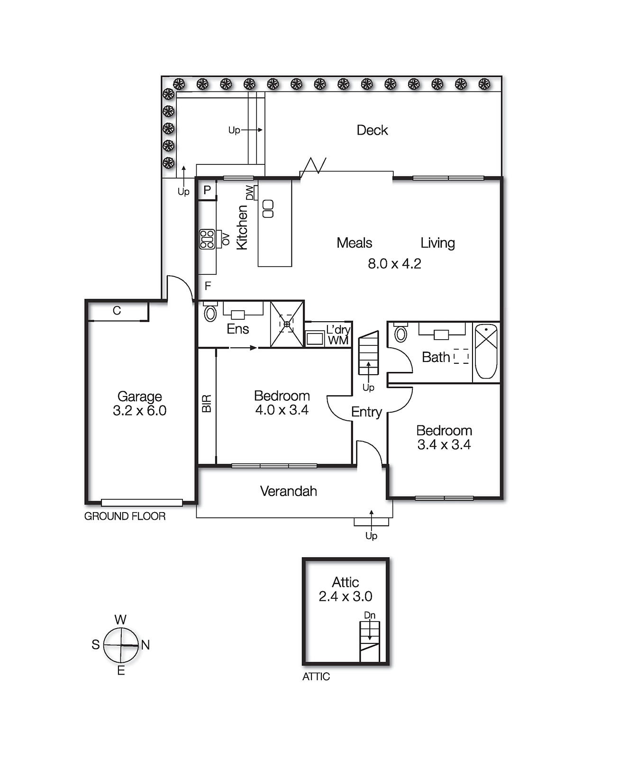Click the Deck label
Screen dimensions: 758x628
pyautogui.click(x=372, y=130)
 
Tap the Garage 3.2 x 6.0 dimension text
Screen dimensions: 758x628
pyautogui.click(x=140, y=411)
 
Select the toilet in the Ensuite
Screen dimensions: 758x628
pyautogui.click(x=210, y=313)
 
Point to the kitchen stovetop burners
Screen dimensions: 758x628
pyautogui.click(x=207, y=239)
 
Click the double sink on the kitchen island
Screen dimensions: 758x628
pyautogui.click(x=268, y=209)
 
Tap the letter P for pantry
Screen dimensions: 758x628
pyautogui.click(x=207, y=190)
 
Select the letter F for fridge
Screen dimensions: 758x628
pyautogui.click(x=208, y=286)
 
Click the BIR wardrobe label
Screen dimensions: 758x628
pyautogui.click(x=207, y=404)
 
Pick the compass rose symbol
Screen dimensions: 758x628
pyautogui.click(x=121, y=645)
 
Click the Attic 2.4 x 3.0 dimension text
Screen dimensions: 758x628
pyautogui.click(x=346, y=596)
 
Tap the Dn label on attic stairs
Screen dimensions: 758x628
pyautogui.click(x=370, y=615)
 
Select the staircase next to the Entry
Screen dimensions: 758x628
pyautogui.click(x=368, y=353)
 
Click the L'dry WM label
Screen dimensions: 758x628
pyautogui.click(x=338, y=335)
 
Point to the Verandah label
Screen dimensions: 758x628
pyautogui.click(x=288, y=491)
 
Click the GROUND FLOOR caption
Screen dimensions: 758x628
pyautogui.click(x=125, y=516)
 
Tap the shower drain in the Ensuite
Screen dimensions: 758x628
pyautogui.click(x=287, y=324)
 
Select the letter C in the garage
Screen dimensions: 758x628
pyautogui.click(x=117, y=311)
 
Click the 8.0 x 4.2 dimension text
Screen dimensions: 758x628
pyautogui.click(x=394, y=264)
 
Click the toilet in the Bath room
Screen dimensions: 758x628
pyautogui.click(x=401, y=334)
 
